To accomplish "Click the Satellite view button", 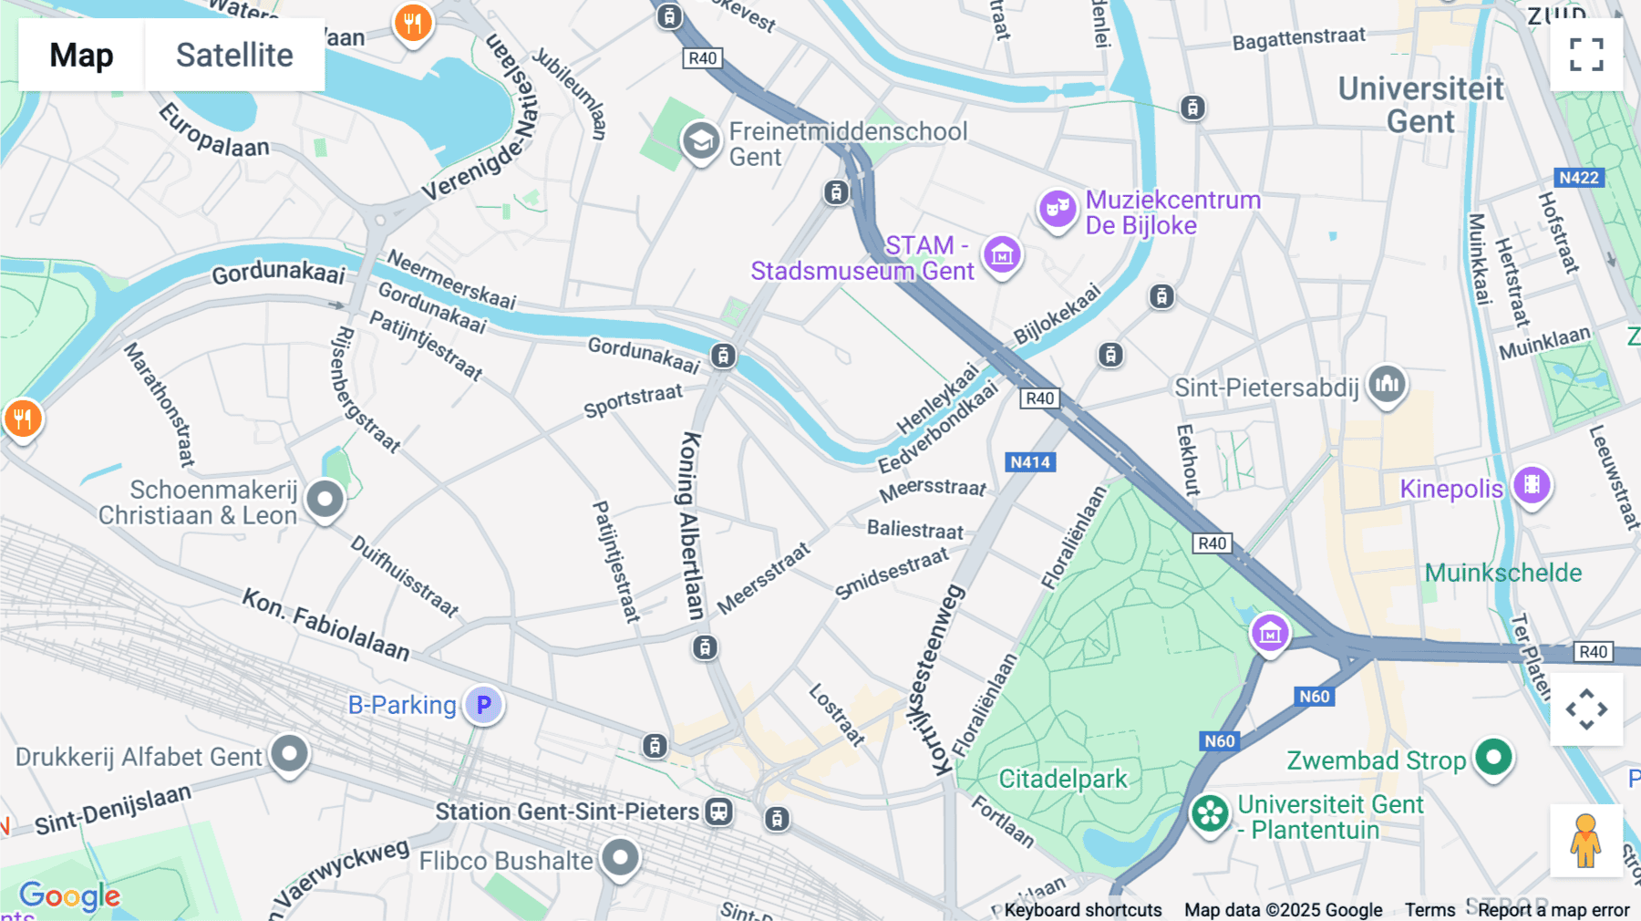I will point(234,55).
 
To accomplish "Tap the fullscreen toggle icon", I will point(1586,55).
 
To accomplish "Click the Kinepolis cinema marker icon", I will point(1532,485).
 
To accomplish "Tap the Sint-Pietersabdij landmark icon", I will point(1387,384).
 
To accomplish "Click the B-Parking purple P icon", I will point(483,704).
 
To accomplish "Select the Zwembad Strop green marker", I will point(1493,756).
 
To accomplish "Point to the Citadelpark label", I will point(1063,779).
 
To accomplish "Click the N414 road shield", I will point(1030,462).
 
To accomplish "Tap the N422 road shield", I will point(1578,178).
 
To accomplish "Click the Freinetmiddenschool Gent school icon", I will point(701,140).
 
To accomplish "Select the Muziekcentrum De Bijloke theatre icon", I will point(1057,209).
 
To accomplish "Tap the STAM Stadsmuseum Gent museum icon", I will point(1002,255).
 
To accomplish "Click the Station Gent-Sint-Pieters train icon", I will point(718,811).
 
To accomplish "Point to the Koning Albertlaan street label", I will point(690,525).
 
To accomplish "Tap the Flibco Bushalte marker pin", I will point(620,856).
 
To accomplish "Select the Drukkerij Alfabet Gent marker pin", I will point(290,753).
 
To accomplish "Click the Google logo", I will point(69,896).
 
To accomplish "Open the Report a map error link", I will point(1553,909).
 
